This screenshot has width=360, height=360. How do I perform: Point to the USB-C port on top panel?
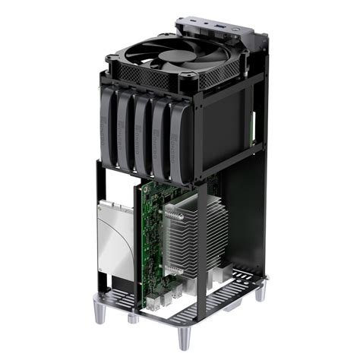coord(206,26)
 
